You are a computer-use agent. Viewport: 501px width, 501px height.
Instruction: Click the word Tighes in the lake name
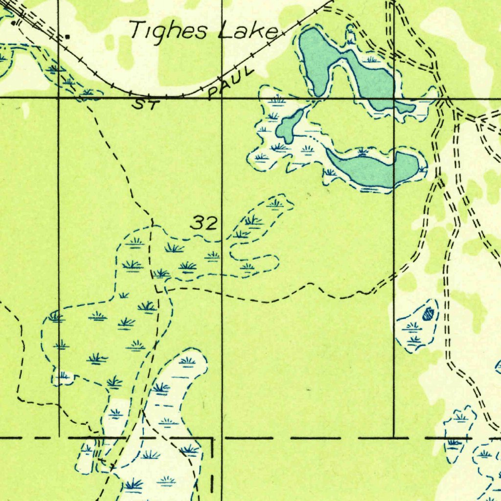click(169, 31)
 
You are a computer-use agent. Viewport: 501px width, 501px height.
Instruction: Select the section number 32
click(204, 224)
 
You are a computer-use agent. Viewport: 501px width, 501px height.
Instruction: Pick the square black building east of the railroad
click(67, 36)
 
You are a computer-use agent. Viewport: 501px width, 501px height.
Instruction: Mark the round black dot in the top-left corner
click(13, 23)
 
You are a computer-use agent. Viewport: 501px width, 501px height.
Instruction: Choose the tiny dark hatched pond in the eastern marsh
click(429, 312)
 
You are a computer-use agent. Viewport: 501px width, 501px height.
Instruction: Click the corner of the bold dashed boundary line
click(212, 438)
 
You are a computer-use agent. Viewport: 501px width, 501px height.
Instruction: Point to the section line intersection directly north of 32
click(222, 98)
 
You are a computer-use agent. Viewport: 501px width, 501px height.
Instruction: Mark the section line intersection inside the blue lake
click(394, 98)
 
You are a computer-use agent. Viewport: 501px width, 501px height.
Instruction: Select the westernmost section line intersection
click(59, 98)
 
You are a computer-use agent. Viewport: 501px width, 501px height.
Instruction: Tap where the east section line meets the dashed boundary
click(394, 437)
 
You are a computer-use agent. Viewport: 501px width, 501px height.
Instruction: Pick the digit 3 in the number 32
click(198, 224)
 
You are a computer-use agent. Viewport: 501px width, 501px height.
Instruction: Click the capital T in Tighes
click(137, 30)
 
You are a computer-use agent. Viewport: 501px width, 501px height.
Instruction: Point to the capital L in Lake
click(227, 31)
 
